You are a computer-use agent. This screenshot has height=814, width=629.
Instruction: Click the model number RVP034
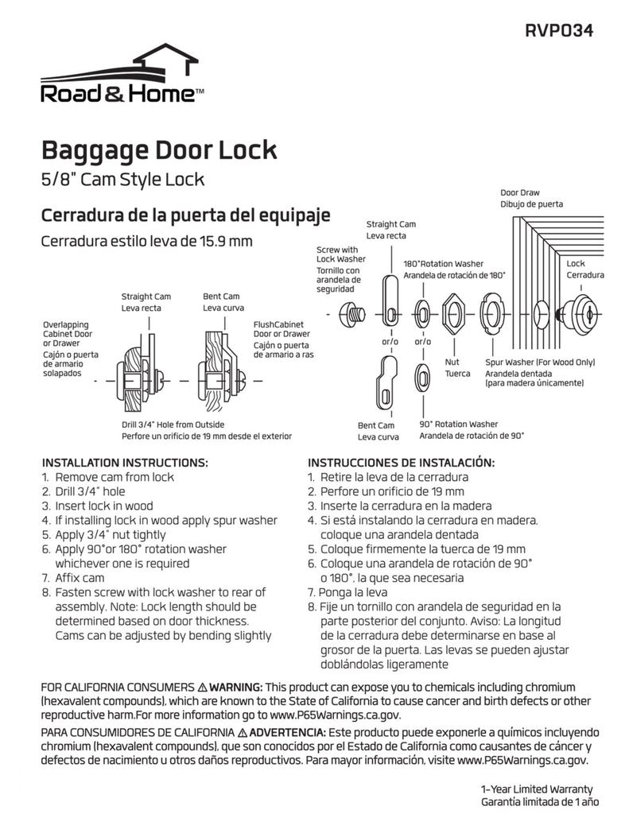tap(559, 31)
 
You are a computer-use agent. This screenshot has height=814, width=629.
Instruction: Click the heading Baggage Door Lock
tap(158, 149)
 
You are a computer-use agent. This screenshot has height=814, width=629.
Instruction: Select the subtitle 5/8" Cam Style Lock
tap(122, 179)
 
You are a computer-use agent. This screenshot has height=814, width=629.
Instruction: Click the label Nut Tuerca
tap(456, 367)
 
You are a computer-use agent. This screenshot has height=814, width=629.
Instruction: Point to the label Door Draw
tap(520, 192)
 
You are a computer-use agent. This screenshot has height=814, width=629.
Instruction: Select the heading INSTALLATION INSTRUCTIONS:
tap(125, 463)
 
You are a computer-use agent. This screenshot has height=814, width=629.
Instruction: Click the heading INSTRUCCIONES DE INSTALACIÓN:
tap(401, 463)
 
